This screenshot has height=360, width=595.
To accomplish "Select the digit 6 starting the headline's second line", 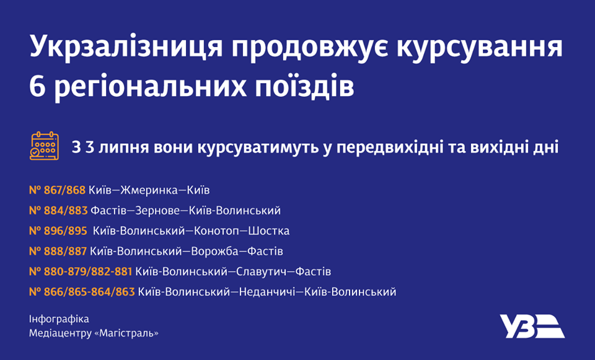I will pyautogui.click(x=37, y=87).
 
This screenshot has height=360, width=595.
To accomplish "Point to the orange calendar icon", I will pyautogui.click(x=44, y=146).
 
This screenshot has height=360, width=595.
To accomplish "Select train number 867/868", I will pyautogui.click(x=64, y=190).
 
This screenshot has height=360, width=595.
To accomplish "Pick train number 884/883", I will pyautogui.click(x=65, y=211).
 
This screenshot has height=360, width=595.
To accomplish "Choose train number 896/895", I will pyautogui.click(x=65, y=231).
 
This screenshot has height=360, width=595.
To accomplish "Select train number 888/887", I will pyautogui.click(x=65, y=252).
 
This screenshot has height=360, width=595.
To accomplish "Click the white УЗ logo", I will pyautogui.click(x=532, y=326).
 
